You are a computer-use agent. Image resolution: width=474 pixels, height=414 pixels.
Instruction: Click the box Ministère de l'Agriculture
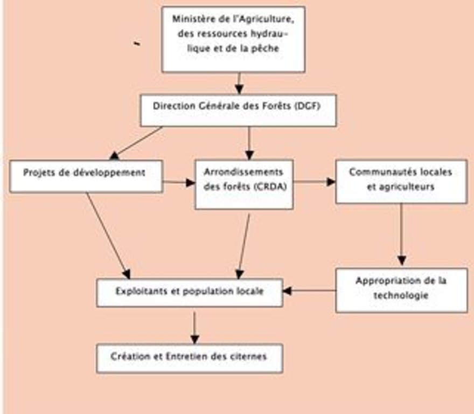coord(233,39)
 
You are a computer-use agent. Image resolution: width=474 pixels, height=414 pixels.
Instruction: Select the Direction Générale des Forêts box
coord(238,110)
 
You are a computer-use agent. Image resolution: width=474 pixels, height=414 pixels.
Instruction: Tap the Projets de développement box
coord(86,176)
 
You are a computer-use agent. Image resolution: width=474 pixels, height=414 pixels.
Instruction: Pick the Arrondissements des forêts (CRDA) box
coord(244,184)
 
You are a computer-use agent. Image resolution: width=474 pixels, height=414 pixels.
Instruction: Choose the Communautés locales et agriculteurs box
coord(401,182)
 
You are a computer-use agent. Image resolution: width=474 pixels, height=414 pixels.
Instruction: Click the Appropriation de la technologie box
coord(401,290)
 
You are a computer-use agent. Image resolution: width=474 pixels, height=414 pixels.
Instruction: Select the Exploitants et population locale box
coord(190,293)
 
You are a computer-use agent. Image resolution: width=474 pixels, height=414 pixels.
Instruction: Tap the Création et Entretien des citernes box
coord(190,358)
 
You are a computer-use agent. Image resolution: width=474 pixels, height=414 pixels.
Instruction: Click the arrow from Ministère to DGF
coord(239,83)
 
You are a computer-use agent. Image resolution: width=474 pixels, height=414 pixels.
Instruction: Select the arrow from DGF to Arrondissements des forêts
coord(249,143)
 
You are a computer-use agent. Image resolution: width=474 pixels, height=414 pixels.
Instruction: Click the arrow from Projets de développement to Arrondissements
coord(179,182)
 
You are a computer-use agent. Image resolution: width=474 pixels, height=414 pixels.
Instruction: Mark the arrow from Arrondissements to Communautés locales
coord(315,182)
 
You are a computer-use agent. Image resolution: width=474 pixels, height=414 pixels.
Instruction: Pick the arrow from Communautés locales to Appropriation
coord(401,234)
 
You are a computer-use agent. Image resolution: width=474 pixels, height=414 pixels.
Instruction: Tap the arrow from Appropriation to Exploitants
coord(309,291)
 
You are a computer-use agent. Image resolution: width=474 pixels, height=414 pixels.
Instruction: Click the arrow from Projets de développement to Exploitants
coord(108,236)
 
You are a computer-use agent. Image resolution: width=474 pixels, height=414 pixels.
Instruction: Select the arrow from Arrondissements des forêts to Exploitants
coord(244,246)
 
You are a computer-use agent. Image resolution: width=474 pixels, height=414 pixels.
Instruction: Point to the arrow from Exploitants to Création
coord(194,328)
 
